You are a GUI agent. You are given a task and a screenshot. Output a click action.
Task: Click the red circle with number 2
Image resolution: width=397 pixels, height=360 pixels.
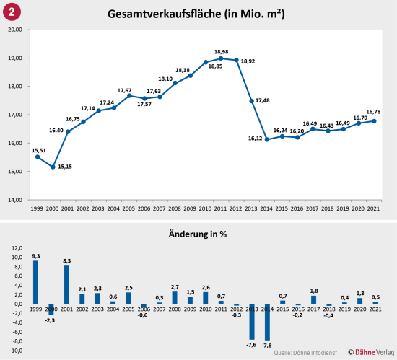pyautogui.click(x=12, y=12)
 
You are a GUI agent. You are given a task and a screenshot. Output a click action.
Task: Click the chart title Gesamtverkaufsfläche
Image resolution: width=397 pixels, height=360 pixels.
pyautogui.click(x=198, y=13)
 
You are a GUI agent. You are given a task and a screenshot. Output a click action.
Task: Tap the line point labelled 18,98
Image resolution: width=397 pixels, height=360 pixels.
pyautogui.click(x=221, y=58)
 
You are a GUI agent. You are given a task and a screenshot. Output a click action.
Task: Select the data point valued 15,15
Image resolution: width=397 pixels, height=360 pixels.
pyautogui.click(x=53, y=167)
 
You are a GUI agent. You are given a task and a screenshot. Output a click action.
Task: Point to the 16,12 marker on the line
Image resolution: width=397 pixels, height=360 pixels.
pyautogui.click(x=267, y=139)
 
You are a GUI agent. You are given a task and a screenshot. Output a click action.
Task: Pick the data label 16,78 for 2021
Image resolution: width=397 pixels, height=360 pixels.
pyautogui.click(x=374, y=112)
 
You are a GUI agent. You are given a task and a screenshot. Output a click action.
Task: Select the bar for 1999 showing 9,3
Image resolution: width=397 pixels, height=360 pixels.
pyautogui.click(x=35, y=282)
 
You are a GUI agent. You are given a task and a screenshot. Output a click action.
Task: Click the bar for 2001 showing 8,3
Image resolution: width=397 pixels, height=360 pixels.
pyautogui.click(x=66, y=284)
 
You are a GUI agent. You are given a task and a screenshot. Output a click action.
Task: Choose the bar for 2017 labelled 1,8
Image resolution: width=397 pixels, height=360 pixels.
pyautogui.click(x=313, y=299)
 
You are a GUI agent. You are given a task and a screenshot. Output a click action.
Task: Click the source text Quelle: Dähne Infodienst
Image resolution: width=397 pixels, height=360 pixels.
pyautogui.click(x=305, y=351)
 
